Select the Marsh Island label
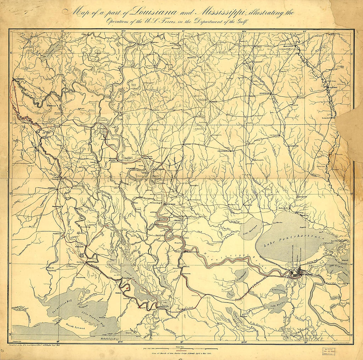[x=74, y=329]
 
